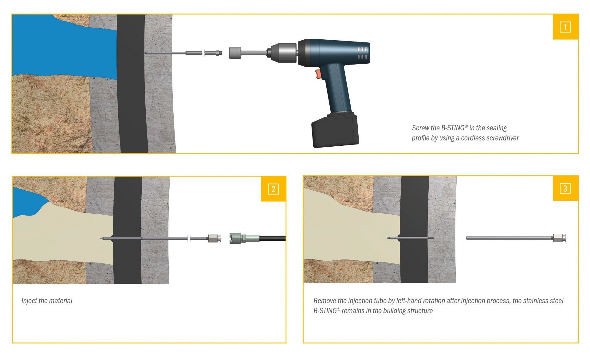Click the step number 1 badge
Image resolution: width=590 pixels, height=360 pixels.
[565, 27]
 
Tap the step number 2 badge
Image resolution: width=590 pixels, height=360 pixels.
[273, 189]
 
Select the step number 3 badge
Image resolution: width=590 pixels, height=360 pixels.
[565, 188]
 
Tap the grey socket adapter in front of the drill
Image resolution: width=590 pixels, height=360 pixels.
[236, 53]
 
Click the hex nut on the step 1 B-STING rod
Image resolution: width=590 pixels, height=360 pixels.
[218, 53]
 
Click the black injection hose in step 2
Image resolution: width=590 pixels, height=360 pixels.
[273, 239]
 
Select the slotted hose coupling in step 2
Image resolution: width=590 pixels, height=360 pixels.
[236, 239]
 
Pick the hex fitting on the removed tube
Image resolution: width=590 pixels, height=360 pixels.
[559, 238]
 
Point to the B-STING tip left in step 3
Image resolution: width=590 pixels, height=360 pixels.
[388, 238]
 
